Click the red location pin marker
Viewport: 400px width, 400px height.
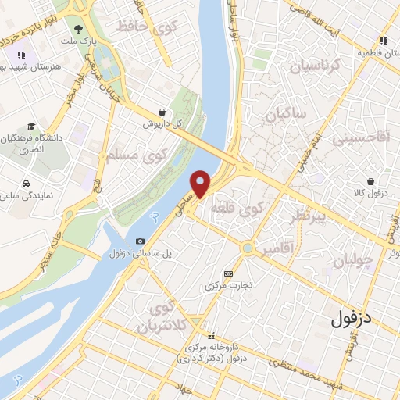coord(201,183)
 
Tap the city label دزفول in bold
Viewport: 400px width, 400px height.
coord(352,318)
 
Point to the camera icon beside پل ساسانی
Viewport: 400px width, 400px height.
coord(140,241)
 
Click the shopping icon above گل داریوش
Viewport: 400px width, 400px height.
coord(161,112)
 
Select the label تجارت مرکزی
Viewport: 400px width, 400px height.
coord(228,286)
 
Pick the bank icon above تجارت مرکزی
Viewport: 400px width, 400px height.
coord(228,273)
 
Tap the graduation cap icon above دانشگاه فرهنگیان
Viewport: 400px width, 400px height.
coord(30,127)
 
